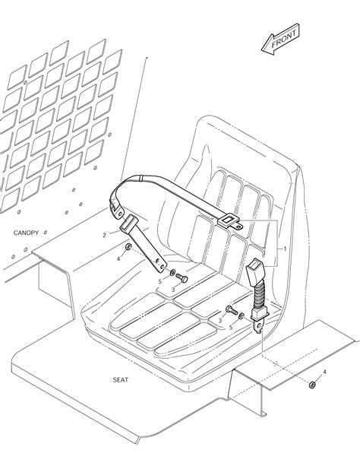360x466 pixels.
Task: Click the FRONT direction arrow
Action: point(280,40)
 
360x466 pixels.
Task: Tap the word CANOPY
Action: point(26,233)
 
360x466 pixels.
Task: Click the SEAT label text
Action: point(121,380)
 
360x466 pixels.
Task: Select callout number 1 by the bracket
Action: point(285,248)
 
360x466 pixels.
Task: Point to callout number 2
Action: point(104,236)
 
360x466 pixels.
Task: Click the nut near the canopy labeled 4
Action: point(128,246)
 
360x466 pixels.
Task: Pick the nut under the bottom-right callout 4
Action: point(312,385)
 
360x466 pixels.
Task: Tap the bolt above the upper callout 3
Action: point(182,278)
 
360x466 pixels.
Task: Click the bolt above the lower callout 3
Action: point(232,310)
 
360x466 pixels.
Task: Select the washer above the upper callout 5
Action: point(172,272)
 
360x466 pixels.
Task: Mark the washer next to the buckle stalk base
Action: point(242,315)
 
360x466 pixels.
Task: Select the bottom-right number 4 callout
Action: point(324,372)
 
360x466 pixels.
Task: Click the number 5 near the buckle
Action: point(230,328)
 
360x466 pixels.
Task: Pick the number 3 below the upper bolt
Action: point(173,290)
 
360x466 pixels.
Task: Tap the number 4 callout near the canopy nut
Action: point(118,259)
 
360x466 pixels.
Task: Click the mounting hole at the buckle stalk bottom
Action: point(259,327)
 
